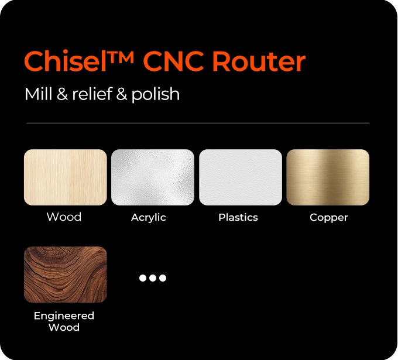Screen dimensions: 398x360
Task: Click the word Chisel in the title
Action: (x=65, y=61)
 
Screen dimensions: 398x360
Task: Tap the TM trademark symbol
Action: (x=121, y=57)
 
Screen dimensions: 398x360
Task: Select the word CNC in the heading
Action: (x=173, y=61)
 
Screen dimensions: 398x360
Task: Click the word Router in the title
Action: (x=259, y=61)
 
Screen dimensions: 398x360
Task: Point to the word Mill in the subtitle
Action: (x=38, y=94)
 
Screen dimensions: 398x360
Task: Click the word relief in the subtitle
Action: (x=92, y=94)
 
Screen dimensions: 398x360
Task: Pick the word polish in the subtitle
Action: (x=155, y=95)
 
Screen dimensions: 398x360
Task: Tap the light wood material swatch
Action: (x=66, y=177)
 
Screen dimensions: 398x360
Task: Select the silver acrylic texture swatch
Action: (x=153, y=177)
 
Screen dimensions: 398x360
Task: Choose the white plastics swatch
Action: (x=241, y=177)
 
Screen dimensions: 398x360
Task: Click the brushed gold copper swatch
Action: (x=328, y=177)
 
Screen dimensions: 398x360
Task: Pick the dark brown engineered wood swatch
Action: (x=66, y=275)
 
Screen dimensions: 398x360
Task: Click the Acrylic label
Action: (x=149, y=218)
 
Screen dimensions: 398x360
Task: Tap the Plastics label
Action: (x=238, y=217)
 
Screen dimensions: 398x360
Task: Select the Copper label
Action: (x=329, y=218)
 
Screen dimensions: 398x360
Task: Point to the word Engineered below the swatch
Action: (x=64, y=316)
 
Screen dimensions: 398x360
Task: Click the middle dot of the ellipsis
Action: (x=153, y=278)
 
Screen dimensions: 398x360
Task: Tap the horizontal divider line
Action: (x=198, y=123)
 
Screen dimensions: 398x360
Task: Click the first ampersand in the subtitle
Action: (x=62, y=94)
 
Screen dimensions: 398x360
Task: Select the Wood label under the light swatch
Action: (x=64, y=217)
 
